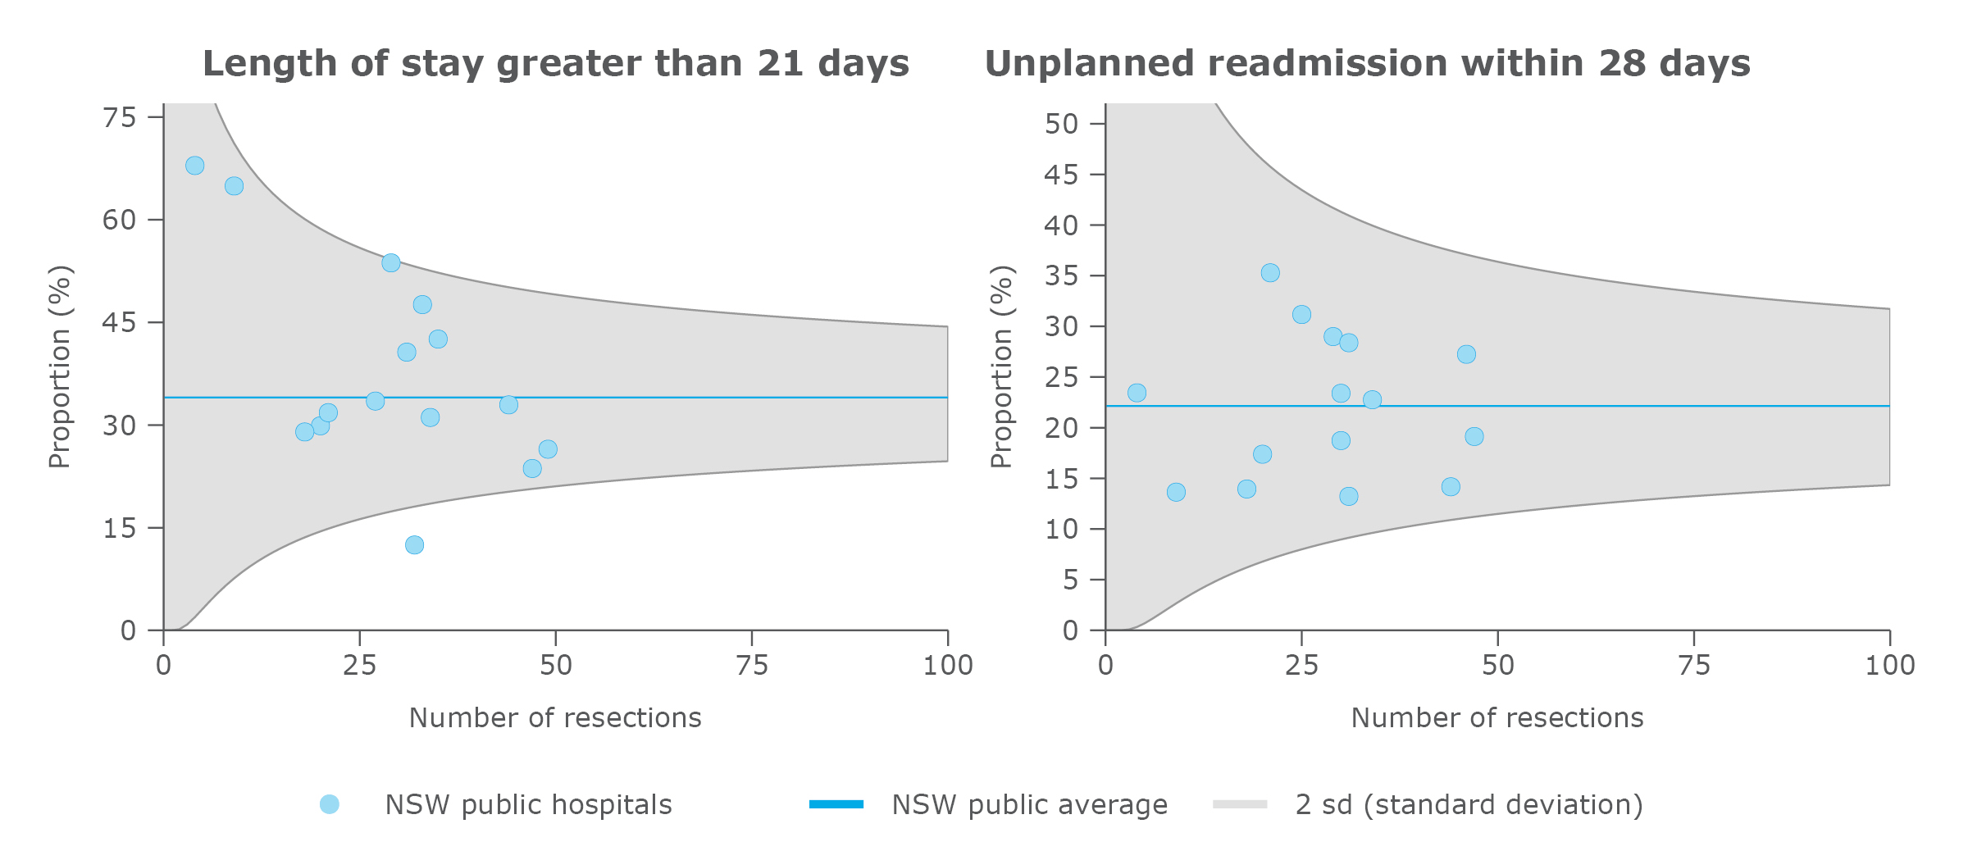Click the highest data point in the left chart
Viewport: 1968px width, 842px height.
point(194,166)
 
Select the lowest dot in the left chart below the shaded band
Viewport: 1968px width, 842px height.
point(414,545)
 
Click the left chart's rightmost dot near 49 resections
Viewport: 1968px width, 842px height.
point(548,449)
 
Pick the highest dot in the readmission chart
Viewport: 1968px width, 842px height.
point(1270,273)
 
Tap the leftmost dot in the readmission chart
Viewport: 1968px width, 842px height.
point(1137,393)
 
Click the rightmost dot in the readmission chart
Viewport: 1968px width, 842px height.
point(1474,437)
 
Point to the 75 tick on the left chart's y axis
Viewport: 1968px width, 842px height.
point(120,118)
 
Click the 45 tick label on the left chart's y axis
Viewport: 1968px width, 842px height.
point(120,323)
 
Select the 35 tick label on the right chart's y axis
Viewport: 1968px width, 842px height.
point(1061,275)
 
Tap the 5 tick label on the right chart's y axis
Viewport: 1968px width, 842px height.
point(1070,580)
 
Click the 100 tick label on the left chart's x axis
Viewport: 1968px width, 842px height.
point(948,665)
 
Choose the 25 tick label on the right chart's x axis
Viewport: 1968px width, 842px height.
point(1301,665)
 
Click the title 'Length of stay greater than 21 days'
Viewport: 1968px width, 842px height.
point(556,63)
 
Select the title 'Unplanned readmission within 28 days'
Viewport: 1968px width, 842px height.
point(1367,63)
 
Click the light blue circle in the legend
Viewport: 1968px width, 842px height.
point(330,804)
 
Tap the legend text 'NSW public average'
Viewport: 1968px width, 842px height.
point(1029,805)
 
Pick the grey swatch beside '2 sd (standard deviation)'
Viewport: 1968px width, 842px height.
point(1240,804)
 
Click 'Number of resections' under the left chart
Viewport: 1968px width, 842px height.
point(555,717)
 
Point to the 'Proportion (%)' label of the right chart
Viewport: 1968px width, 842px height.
point(1002,366)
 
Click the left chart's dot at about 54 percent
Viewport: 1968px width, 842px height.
point(391,263)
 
